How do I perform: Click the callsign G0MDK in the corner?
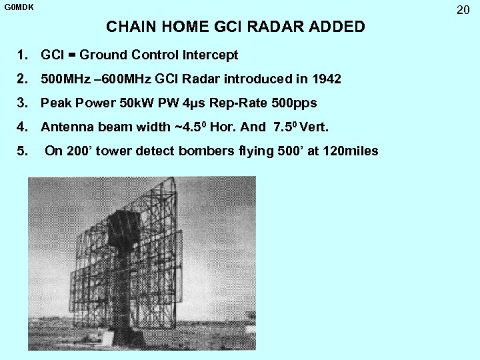click(19, 7)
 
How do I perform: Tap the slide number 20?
click(463, 10)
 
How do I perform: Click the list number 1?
click(23, 55)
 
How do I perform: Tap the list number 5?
click(23, 151)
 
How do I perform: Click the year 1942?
click(326, 79)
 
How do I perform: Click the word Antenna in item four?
click(65, 127)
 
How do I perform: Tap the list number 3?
click(23, 103)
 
